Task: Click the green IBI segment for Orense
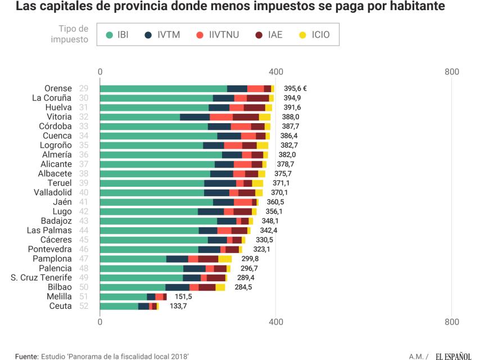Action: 163,88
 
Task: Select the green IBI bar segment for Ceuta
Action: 119,306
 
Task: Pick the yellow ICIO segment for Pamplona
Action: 225,259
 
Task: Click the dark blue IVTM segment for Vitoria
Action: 194,117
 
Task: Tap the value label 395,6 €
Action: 295,88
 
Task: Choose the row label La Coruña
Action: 51,98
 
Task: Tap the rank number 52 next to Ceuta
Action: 83,306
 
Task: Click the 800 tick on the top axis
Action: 451,72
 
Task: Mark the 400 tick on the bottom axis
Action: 275,322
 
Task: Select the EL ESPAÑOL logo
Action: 453,355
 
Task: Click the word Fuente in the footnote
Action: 26,355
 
